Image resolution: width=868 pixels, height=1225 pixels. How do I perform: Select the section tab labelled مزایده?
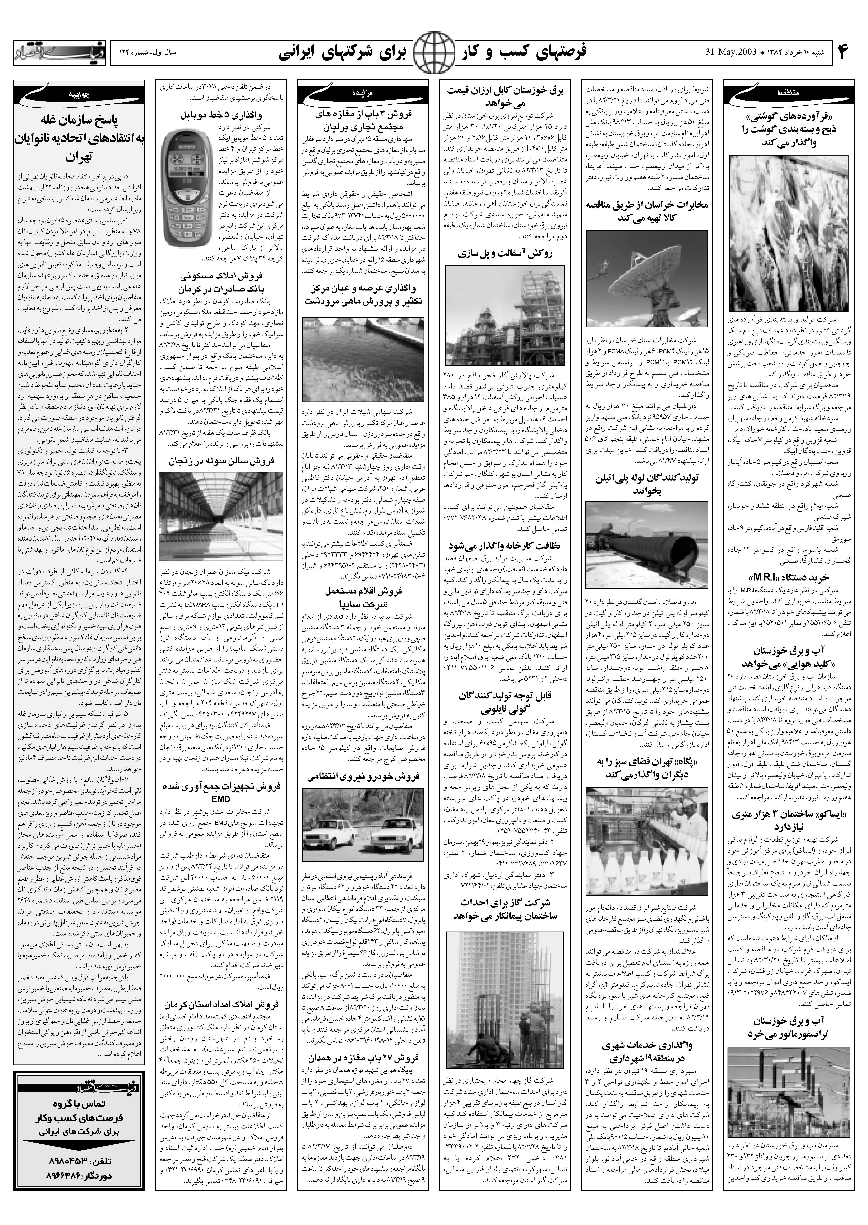(364, 93)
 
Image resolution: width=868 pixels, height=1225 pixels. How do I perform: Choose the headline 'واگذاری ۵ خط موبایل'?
(222, 114)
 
